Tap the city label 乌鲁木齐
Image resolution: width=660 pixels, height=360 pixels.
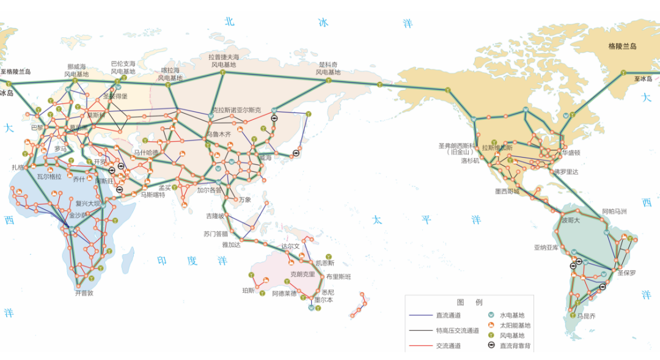[x=219, y=134]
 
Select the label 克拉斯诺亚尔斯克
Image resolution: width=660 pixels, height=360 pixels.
[x=236, y=110]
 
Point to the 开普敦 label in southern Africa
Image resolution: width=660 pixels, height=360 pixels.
[x=84, y=293]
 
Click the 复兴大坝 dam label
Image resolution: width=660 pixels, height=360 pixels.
[x=87, y=204]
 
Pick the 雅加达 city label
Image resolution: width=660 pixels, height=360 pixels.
[x=231, y=245]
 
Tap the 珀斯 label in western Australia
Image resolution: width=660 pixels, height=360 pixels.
[x=248, y=290]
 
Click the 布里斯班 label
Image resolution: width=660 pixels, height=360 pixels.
[x=339, y=276]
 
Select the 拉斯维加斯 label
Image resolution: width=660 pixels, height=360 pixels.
[x=497, y=147]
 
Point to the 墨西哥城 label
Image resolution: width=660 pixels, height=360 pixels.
[x=507, y=191]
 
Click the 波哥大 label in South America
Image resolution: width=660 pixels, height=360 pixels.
[x=570, y=220]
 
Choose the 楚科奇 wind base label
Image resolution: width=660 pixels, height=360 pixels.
[x=328, y=68]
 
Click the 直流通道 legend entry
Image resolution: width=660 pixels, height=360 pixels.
[x=449, y=315]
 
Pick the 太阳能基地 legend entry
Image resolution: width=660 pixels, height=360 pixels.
[x=515, y=325]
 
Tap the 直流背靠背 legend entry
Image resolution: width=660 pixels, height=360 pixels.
[x=515, y=346]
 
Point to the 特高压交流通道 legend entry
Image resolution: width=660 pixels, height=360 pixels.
[x=457, y=331]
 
